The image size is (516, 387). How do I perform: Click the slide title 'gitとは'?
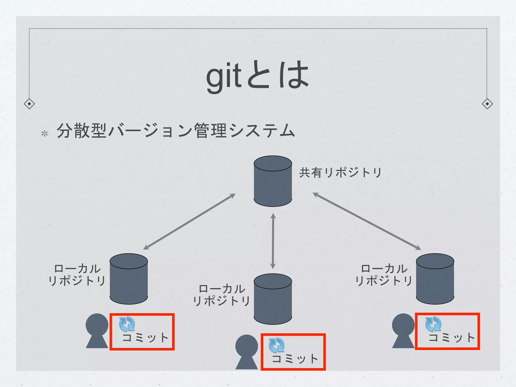(x=257, y=76)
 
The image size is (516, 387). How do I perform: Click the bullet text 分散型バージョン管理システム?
(x=176, y=131)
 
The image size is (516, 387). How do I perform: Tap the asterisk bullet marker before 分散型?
(x=45, y=134)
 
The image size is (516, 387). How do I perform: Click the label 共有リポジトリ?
(x=340, y=173)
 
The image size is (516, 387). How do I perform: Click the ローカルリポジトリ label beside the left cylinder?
(x=77, y=275)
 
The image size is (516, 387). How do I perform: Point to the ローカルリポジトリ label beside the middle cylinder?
(x=222, y=295)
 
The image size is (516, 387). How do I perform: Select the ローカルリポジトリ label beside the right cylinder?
(x=384, y=275)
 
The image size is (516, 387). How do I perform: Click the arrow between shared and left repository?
(x=189, y=222)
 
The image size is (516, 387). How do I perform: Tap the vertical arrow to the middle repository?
(x=273, y=241)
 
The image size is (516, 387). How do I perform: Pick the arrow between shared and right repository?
(x=367, y=221)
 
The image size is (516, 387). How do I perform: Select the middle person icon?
(x=247, y=352)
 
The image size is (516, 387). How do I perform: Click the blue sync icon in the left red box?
(x=127, y=324)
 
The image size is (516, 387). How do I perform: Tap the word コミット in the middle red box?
(x=295, y=359)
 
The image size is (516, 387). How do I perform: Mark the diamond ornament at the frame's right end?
(x=487, y=104)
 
